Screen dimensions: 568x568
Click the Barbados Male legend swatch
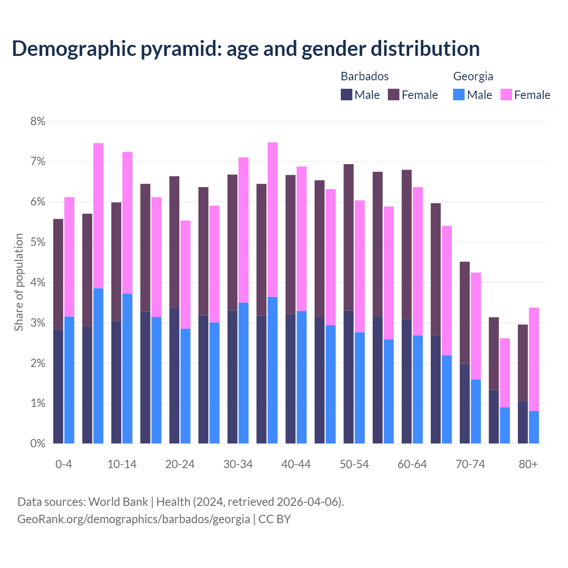(x=347, y=95)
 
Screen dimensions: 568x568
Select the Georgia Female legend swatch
(x=506, y=95)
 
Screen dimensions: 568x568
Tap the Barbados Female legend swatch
(x=394, y=95)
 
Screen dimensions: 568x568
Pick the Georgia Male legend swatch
(x=459, y=95)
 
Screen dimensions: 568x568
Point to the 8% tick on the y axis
(x=38, y=121)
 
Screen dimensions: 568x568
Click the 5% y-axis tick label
(x=38, y=242)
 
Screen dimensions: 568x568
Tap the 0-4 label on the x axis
(x=63, y=465)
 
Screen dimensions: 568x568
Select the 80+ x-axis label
(x=528, y=465)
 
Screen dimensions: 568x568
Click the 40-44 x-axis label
(x=296, y=465)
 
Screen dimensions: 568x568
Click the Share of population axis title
(x=19, y=282)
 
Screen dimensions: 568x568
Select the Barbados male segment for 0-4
(x=58, y=386)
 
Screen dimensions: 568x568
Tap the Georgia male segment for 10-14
(x=127, y=368)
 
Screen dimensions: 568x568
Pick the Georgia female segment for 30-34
(x=244, y=230)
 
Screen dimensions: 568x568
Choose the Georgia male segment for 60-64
(x=418, y=389)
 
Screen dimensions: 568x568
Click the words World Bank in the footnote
(x=118, y=502)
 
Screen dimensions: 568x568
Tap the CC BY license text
(x=275, y=519)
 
